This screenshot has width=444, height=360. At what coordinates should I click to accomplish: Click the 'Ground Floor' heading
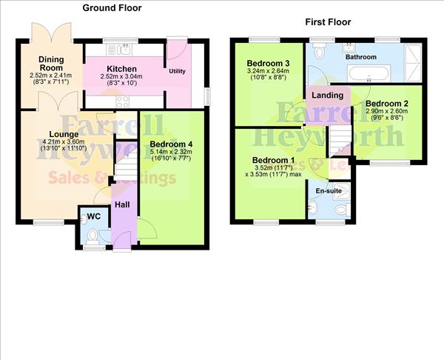112,8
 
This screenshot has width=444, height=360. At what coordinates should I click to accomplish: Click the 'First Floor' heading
329,22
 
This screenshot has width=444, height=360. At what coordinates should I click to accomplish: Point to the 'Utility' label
177,70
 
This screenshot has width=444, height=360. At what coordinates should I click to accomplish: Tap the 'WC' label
94,216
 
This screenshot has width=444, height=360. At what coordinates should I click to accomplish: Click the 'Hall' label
122,205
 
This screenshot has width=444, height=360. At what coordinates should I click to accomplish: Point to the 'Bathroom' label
362,57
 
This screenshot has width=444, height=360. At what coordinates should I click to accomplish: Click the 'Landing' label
327,96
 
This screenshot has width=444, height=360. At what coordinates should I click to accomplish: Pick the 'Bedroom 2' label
387,103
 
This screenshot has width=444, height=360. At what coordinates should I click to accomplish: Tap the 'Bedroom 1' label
273,160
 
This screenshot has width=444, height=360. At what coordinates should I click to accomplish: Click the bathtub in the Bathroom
368,74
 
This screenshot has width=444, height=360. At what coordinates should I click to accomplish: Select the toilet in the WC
92,236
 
